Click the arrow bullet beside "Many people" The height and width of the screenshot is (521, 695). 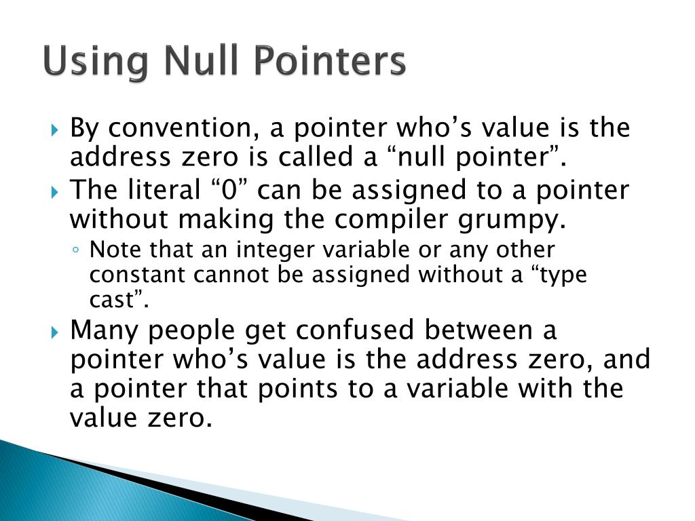pyautogui.click(x=56, y=332)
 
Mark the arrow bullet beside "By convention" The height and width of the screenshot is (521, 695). pyautogui.click(x=56, y=128)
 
